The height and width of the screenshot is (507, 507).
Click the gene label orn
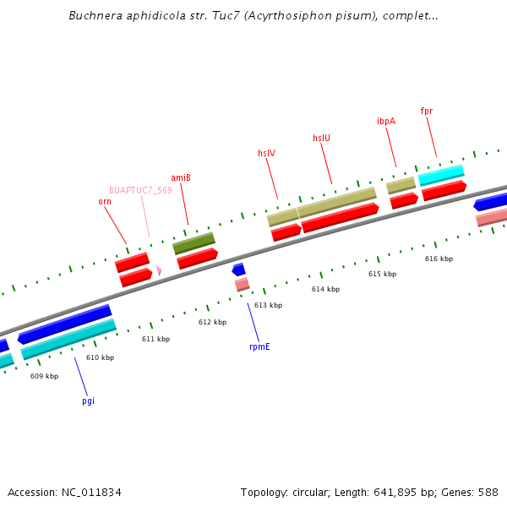105,201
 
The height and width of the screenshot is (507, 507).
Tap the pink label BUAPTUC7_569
140,190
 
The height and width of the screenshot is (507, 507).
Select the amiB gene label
181,177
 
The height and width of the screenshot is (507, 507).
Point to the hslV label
266,153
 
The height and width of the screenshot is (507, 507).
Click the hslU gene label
321,138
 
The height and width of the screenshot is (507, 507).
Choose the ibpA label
385,121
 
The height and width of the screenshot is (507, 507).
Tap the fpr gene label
426,111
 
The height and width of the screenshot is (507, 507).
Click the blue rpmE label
259,346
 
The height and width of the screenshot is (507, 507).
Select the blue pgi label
88,401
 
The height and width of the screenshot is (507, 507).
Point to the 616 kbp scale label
439,259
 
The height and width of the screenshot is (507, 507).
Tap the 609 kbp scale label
44,376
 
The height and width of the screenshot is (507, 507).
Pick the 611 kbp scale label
155,339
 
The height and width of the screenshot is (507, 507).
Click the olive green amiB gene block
194,243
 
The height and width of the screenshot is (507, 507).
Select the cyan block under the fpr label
441,175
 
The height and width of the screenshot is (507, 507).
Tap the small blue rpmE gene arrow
239,270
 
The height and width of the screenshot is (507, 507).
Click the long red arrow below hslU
340,217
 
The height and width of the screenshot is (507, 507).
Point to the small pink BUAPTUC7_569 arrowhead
158,270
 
